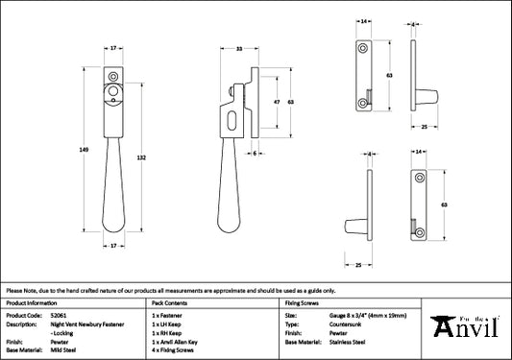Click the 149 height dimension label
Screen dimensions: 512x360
(84, 150)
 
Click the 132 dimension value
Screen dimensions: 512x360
(141, 158)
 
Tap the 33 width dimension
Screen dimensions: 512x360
(239, 49)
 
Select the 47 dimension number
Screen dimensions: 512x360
(277, 102)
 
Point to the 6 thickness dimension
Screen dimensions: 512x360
(255, 154)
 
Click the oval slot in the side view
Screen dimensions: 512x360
(232, 121)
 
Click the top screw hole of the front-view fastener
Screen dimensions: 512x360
(113, 77)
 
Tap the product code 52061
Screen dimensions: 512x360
(59, 316)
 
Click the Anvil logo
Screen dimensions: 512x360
(465, 326)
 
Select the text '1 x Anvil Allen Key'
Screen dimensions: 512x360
(175, 342)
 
